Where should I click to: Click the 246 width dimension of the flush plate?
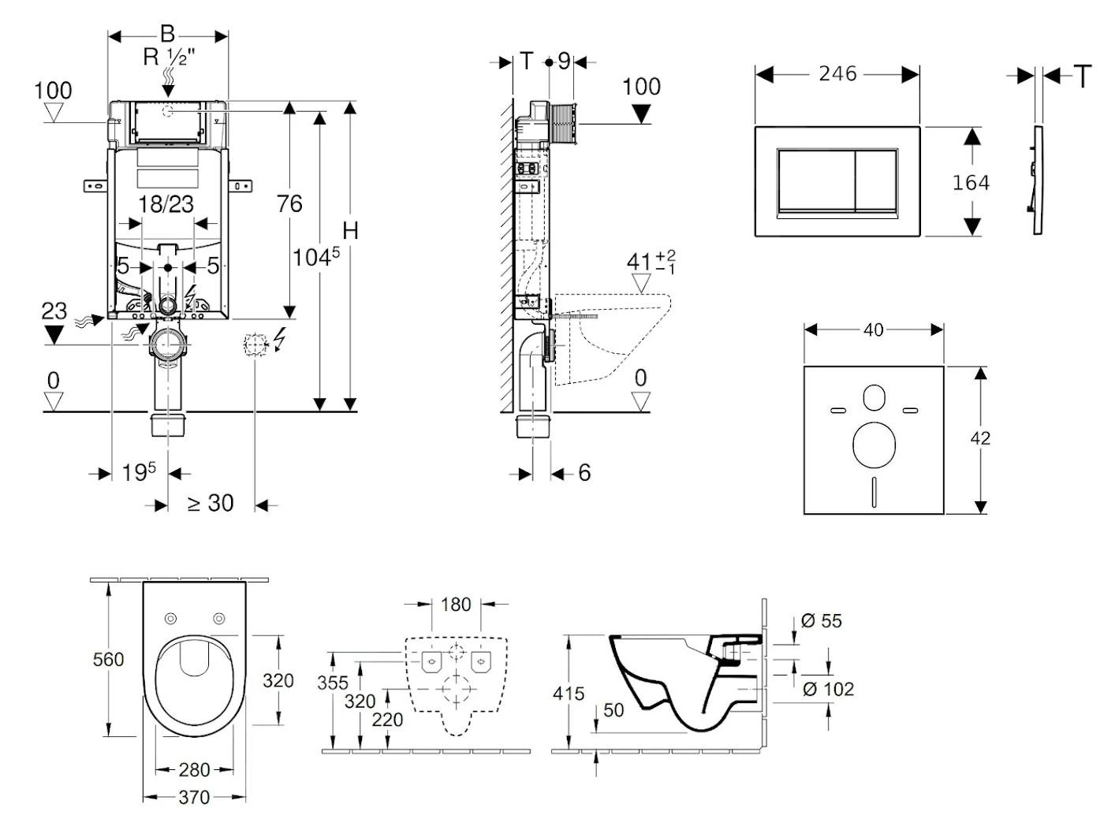pos(837,73)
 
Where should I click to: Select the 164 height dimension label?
pos(971,183)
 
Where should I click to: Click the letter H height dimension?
pos(350,231)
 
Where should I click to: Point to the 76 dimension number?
pos(289,204)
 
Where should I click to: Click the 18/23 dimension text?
pos(166,204)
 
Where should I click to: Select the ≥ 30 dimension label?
pos(211,503)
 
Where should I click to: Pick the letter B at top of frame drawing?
pos(167,34)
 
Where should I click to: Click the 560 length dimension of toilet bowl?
pos(109,659)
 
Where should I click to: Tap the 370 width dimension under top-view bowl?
pos(194,797)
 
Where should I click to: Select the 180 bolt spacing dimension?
pos(456,605)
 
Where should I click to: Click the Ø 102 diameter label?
pos(828,689)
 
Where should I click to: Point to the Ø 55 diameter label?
pos(822,621)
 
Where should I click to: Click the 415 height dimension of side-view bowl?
pos(569,694)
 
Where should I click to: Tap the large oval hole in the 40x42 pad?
pos(874,444)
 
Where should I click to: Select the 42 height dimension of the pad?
pos(980,438)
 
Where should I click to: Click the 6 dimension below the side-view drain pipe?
pos(584,472)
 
